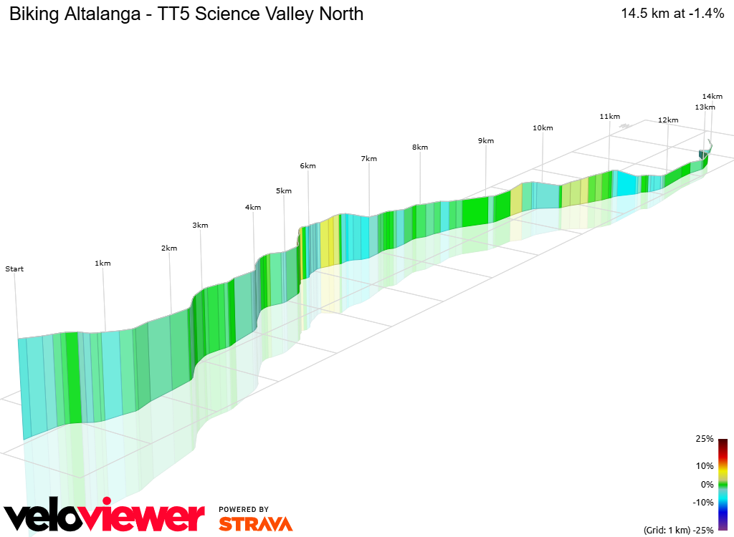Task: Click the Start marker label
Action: pos(14,269)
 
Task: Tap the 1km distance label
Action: pos(103,263)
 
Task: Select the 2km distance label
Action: pos(168,248)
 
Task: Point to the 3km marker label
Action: pos(200,226)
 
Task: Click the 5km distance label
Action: pos(283,191)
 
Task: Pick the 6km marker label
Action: pos(308,166)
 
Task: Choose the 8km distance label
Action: pos(420,147)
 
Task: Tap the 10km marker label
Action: pos(543,128)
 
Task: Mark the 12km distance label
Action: pos(667,120)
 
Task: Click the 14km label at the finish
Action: pos(712,96)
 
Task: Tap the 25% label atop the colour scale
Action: pos(705,439)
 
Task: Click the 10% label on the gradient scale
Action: pos(705,466)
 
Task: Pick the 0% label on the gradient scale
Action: pos(707,484)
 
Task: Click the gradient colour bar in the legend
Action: pos(723,484)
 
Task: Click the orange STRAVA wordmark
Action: pos(255,523)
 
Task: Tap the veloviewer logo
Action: pos(104,515)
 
